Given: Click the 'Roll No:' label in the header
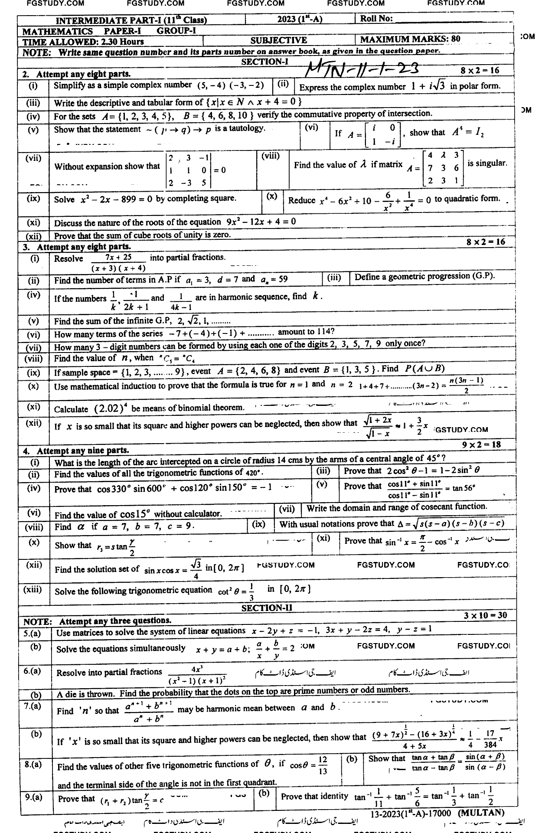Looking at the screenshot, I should click(x=376, y=18).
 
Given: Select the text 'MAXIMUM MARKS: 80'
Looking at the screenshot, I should click(x=410, y=39).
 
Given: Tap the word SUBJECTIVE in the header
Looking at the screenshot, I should click(x=278, y=40).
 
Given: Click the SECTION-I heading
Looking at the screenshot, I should click(x=264, y=62).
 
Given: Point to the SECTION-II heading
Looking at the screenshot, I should click(x=266, y=608).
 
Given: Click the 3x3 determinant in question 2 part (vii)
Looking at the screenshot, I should click(x=189, y=170).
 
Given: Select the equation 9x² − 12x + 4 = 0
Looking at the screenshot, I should click(x=261, y=222).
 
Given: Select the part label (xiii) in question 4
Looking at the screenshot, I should click(x=33, y=589).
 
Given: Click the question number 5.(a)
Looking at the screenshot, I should click(x=32, y=634).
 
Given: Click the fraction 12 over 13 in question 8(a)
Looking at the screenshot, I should click(x=323, y=766).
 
